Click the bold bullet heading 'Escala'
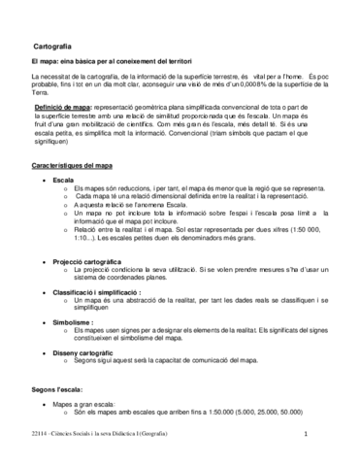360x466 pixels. pyautogui.click(x=64, y=182)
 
